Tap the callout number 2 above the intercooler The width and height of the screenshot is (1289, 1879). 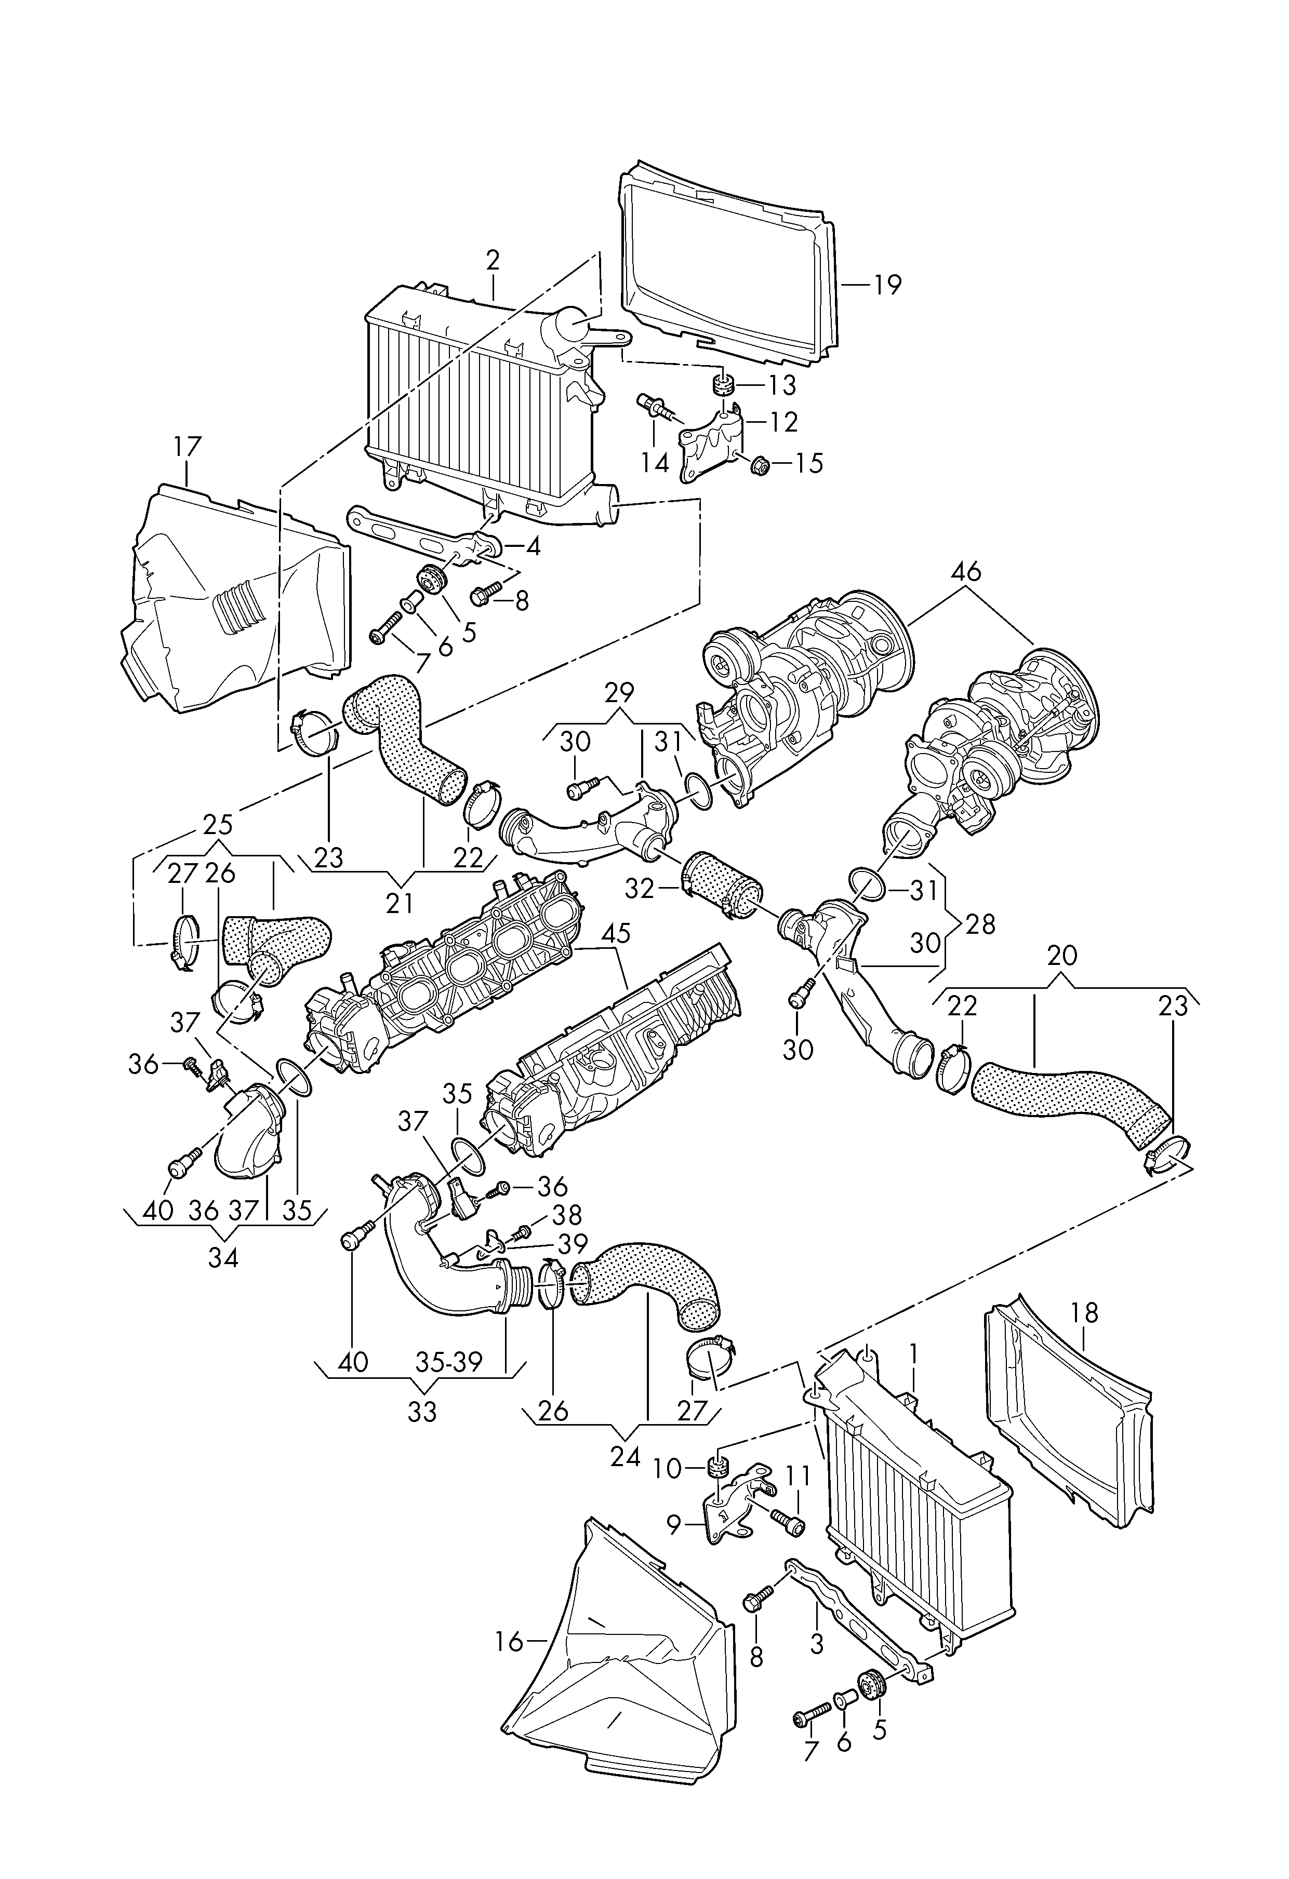coord(493,260)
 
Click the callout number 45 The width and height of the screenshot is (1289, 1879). coord(616,933)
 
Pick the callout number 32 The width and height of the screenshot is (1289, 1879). coord(640,889)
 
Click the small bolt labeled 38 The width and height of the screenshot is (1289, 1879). coord(522,1254)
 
